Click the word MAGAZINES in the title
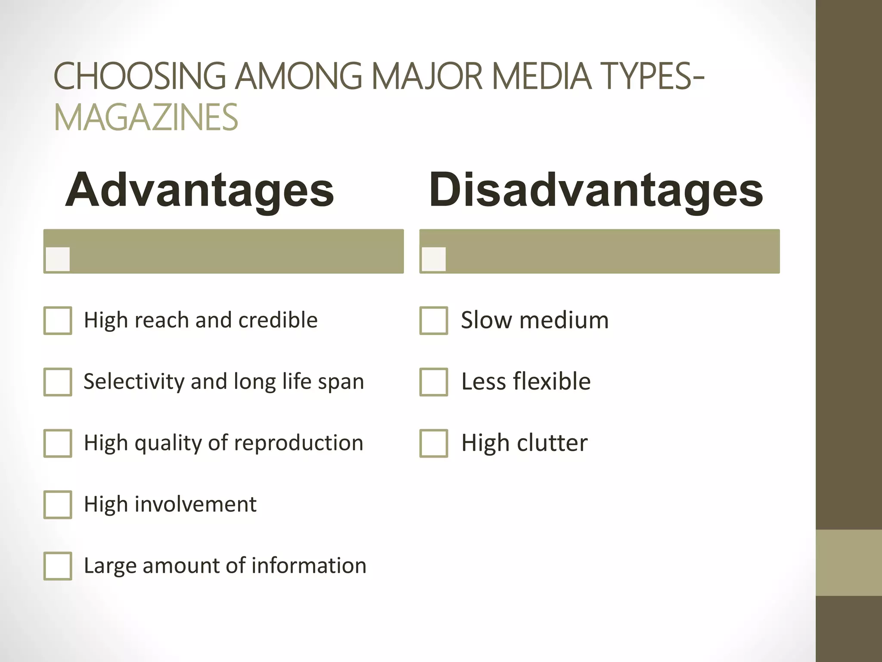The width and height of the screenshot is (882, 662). coord(146,117)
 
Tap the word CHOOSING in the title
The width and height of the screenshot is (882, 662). coord(140,76)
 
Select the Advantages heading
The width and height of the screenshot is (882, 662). coord(199,190)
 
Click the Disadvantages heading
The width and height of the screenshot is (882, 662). coord(596,190)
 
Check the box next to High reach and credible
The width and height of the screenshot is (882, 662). coord(58,321)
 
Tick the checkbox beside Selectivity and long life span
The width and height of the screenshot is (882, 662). coord(58,382)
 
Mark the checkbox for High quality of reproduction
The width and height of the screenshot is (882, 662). coord(58,443)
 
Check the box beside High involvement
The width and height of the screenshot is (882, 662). coord(58,504)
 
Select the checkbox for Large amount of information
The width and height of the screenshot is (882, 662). coord(58,566)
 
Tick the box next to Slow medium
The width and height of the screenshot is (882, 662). coord(434,321)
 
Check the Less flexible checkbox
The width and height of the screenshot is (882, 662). coord(434,382)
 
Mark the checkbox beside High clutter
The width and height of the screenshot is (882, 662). coord(434,443)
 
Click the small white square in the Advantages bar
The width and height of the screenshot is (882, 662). coord(58,259)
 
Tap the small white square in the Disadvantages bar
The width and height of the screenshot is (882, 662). coord(434,259)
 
